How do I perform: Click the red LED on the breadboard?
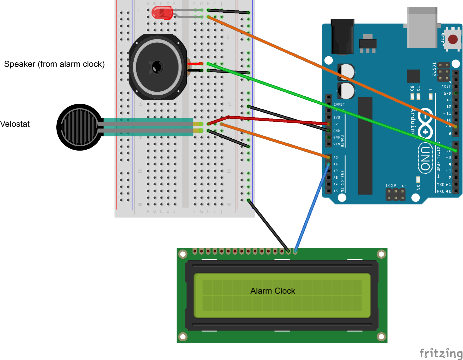point(162,13)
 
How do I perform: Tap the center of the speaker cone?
point(157,67)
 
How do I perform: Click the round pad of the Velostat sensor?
point(79,127)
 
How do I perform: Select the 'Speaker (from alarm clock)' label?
point(54,64)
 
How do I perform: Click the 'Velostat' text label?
point(15,124)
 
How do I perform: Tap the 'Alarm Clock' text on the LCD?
point(272,291)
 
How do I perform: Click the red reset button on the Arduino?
point(453,39)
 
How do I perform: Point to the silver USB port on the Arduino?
point(422,28)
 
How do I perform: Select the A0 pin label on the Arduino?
point(335,157)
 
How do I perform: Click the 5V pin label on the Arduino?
point(335,124)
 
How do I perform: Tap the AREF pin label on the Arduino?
point(446,86)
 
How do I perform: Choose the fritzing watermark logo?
point(441,353)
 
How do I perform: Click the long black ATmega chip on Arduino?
point(365,146)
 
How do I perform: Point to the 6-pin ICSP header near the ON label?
point(395,194)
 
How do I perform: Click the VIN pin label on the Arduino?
point(336,144)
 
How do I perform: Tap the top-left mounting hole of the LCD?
point(183,254)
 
